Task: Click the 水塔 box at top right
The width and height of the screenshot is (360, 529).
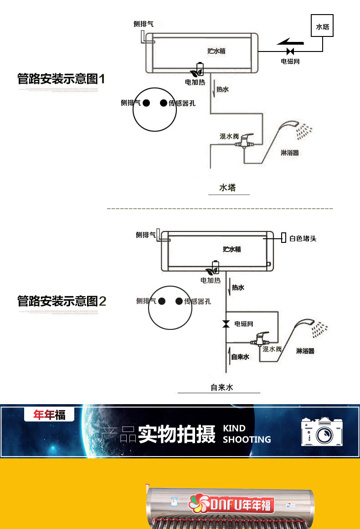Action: pyautogui.click(x=323, y=27)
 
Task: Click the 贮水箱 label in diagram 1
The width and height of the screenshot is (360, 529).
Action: pyautogui.click(x=216, y=51)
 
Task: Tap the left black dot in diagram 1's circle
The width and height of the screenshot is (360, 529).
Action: pyautogui.click(x=146, y=103)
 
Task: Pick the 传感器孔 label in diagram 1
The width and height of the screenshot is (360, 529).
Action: pyautogui.click(x=182, y=103)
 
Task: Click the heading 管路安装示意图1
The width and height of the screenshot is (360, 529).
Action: pyautogui.click(x=61, y=79)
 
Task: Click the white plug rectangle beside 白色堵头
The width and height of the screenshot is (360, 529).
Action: pyautogui.click(x=283, y=238)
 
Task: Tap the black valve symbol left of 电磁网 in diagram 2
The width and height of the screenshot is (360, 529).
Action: pyautogui.click(x=226, y=324)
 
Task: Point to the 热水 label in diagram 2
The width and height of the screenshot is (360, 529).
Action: pyautogui.click(x=238, y=288)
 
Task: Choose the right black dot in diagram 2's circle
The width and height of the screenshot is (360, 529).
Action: pyautogui.click(x=179, y=301)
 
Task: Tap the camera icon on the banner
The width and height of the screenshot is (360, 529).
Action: pyautogui.click(x=321, y=431)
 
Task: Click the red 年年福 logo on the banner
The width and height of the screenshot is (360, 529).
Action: pyautogui.click(x=49, y=415)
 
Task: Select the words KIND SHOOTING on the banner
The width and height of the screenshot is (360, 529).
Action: pyautogui.click(x=247, y=434)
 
